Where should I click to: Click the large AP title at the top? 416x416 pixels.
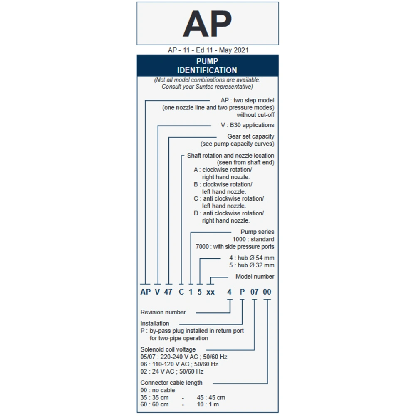207,24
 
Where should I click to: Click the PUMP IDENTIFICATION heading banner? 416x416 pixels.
207,66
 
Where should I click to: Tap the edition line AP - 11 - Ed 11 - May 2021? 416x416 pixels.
208,50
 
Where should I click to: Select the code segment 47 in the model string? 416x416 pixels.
168,292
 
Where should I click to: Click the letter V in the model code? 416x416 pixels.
157,292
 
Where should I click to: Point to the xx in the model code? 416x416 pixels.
211,292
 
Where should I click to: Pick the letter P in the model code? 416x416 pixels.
242,292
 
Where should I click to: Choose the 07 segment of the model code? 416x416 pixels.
254,292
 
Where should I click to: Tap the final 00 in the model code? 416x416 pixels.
267,292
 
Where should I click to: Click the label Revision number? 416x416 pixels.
163,312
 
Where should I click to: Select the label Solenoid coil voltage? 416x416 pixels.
168,349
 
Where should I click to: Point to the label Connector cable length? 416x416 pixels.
171,383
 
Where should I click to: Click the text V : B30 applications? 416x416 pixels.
248,125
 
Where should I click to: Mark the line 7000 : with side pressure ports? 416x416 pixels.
235,247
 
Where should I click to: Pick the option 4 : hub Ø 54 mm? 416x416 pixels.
252,258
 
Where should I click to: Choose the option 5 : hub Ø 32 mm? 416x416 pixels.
252,265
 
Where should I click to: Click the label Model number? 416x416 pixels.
255,277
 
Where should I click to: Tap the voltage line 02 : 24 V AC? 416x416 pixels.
172,371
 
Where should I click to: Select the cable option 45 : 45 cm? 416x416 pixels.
211,398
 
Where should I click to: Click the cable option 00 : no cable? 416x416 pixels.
158,390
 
